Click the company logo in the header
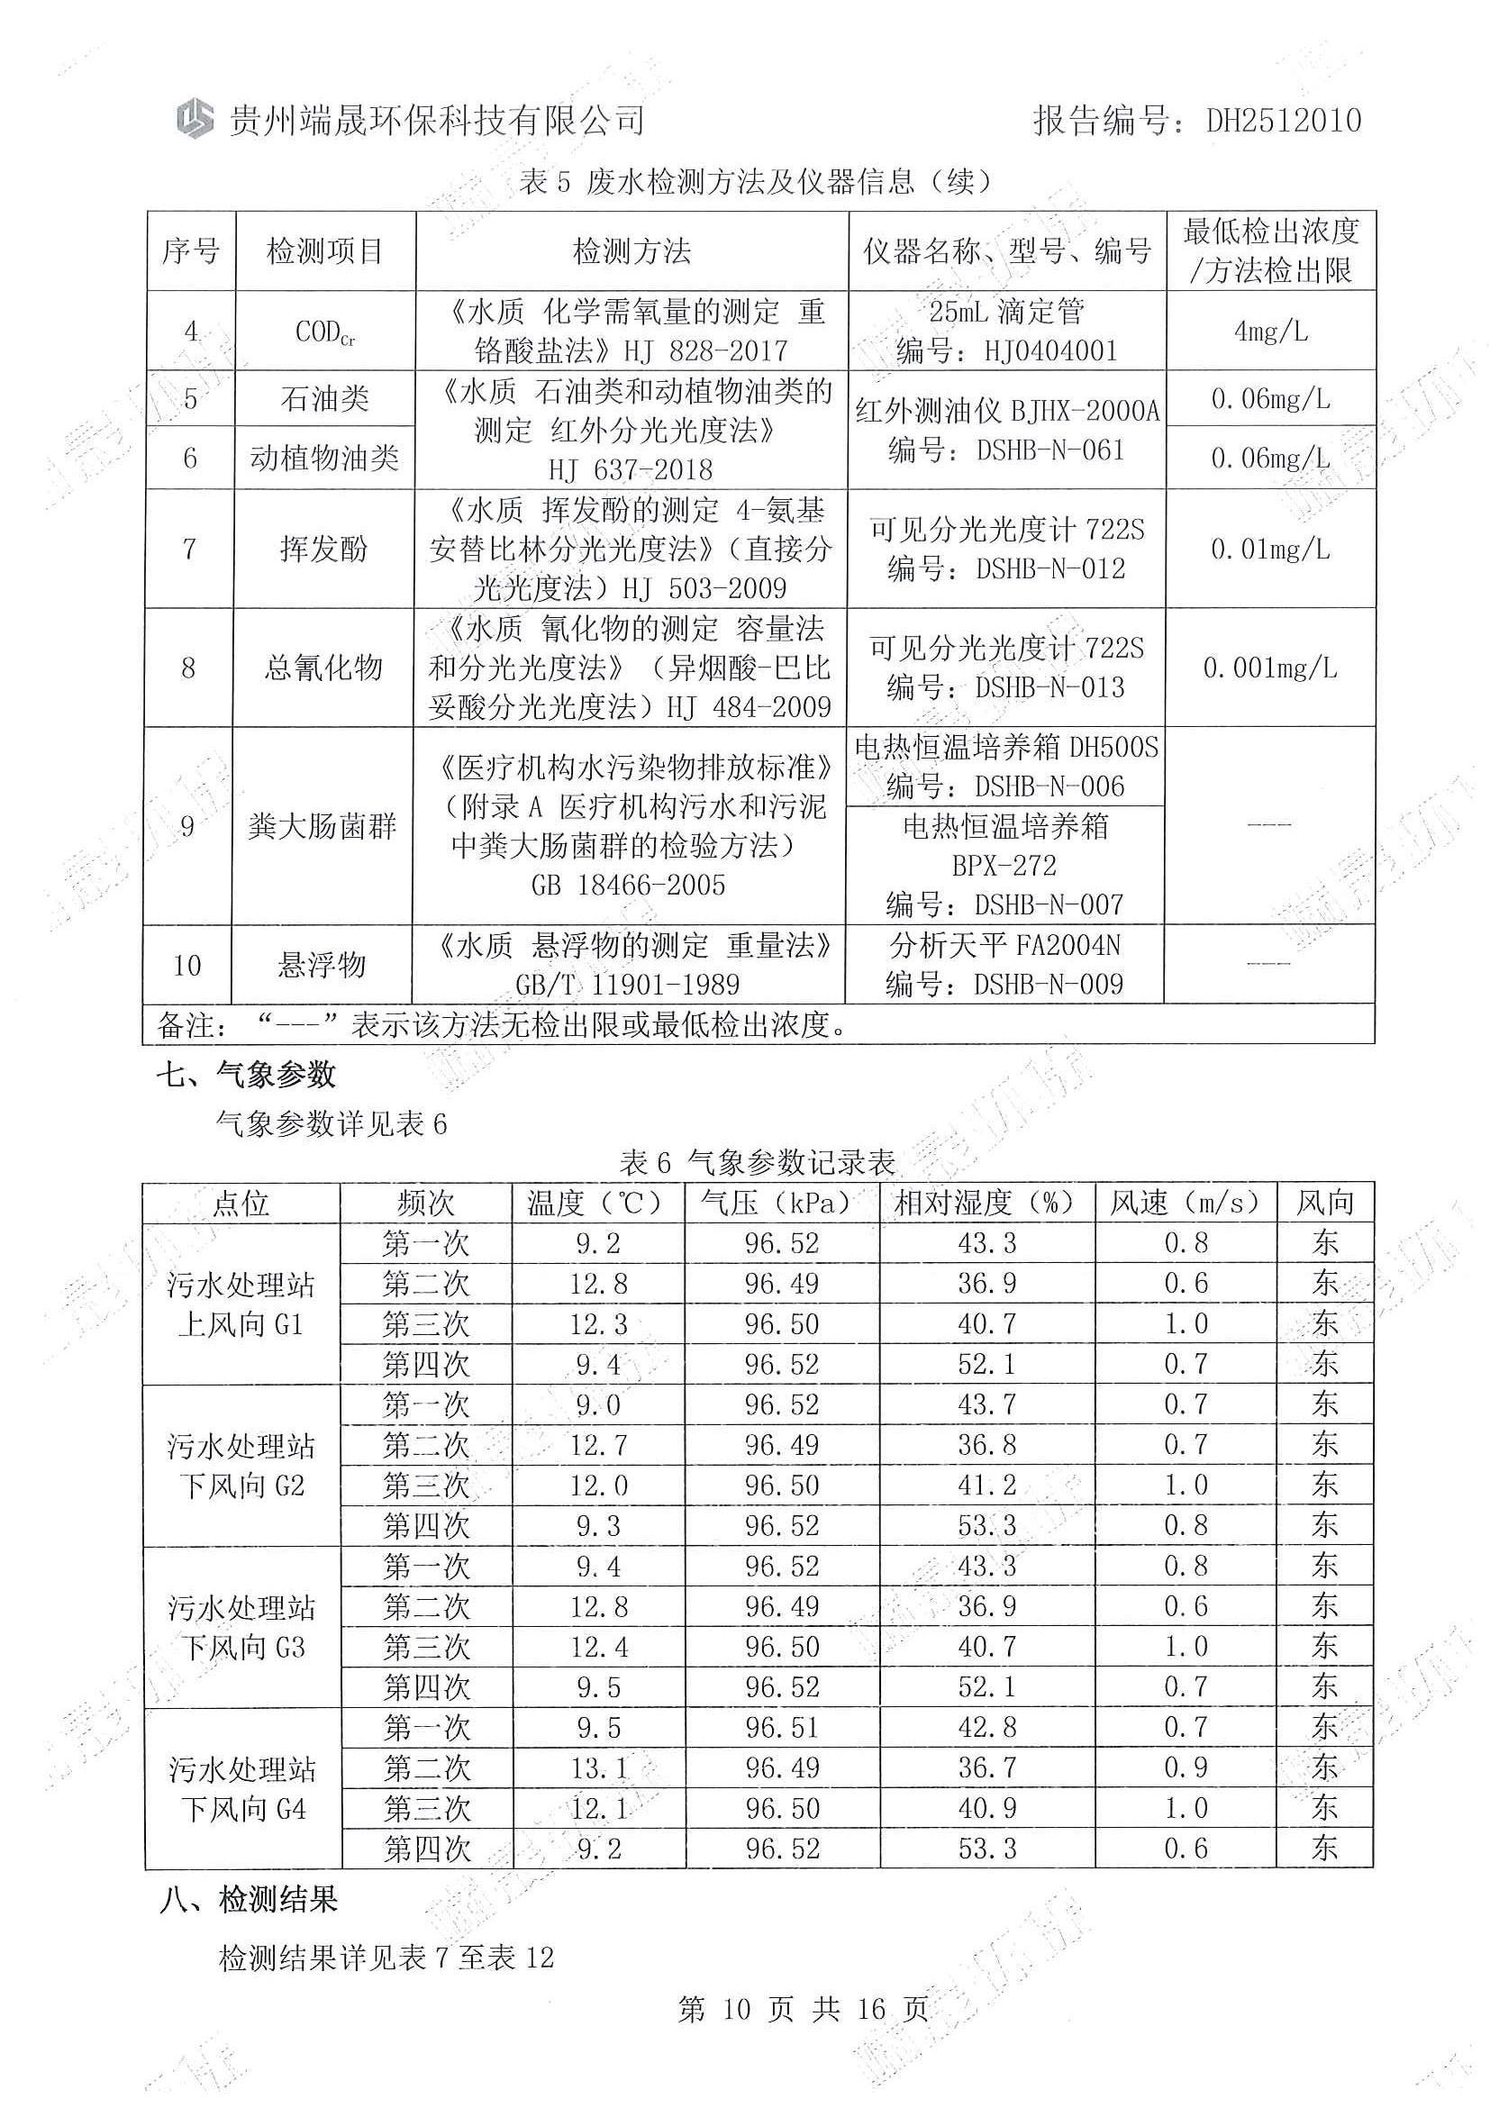click(x=195, y=118)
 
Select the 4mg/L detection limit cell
click(x=1270, y=331)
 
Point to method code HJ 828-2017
click(x=705, y=350)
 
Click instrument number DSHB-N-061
click(x=1050, y=450)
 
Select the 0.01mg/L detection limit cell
click(x=1270, y=549)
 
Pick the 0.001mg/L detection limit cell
click(x=1269, y=668)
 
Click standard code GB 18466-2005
click(x=628, y=885)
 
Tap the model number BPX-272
click(x=1004, y=865)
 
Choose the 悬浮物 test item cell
click(x=323, y=964)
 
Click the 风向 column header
click(x=1325, y=1202)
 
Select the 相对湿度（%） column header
click(x=986, y=1202)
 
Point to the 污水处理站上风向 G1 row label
click(x=241, y=1304)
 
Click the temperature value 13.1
click(x=598, y=1767)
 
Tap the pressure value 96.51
click(x=781, y=1727)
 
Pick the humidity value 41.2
click(x=987, y=1485)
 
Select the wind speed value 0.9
click(x=1186, y=1767)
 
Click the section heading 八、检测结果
click(x=249, y=1899)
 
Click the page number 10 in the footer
click(x=736, y=2009)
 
